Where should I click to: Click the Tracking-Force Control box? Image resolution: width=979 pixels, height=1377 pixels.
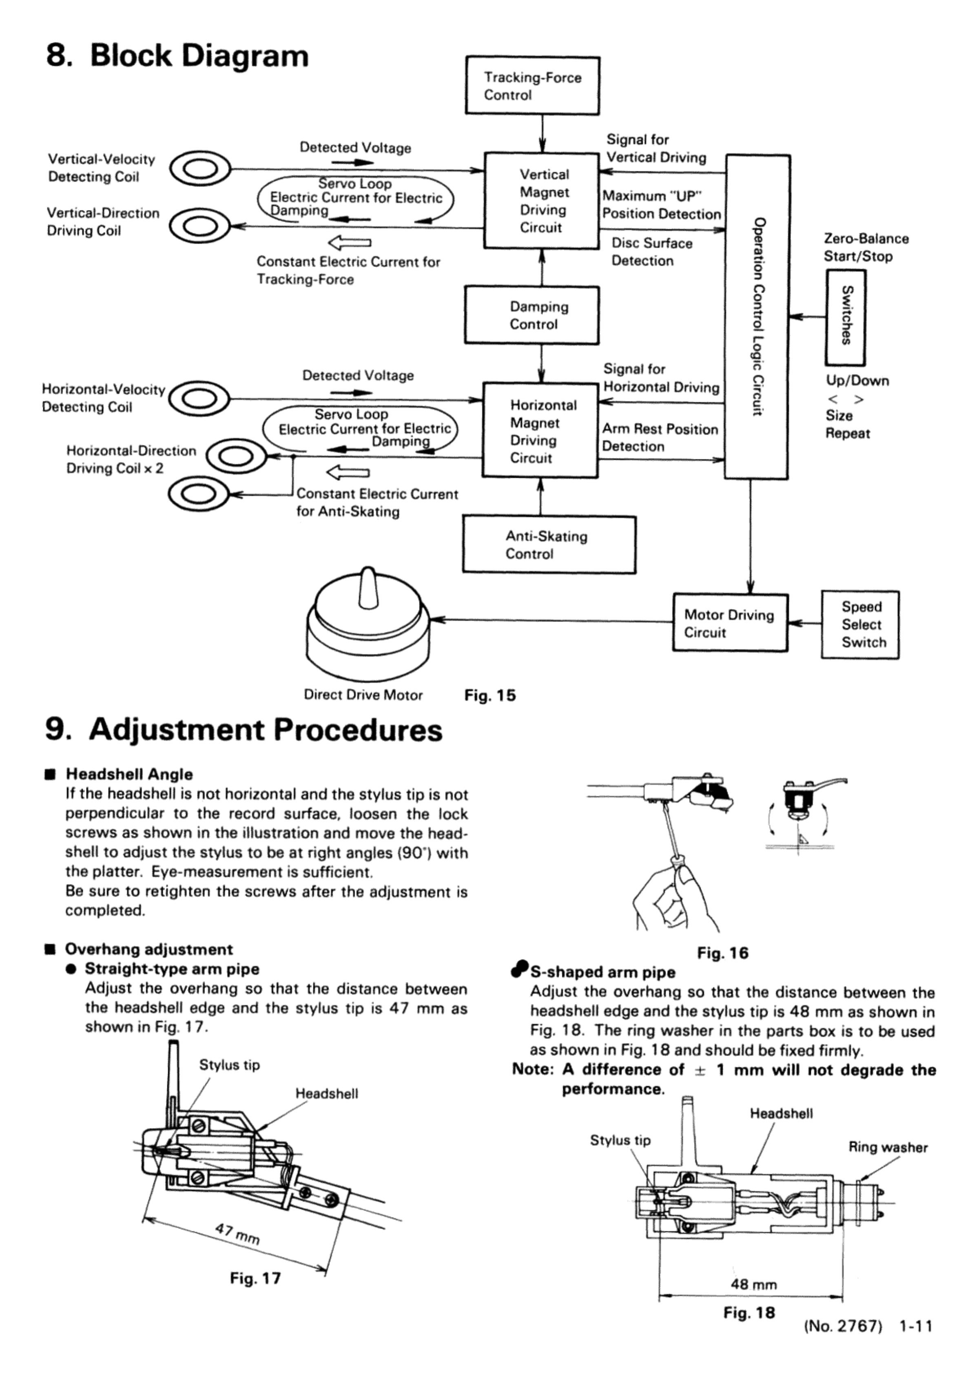click(532, 86)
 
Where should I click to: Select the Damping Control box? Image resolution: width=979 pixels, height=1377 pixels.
click(532, 315)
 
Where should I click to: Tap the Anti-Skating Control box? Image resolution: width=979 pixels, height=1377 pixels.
click(549, 545)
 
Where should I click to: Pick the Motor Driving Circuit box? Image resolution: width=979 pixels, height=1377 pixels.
click(730, 623)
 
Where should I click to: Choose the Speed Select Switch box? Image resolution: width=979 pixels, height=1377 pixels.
click(860, 624)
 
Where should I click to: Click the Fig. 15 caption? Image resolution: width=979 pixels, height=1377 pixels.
click(490, 695)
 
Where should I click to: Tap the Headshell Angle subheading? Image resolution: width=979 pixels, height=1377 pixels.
click(129, 775)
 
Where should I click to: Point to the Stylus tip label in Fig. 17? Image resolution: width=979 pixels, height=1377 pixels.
click(229, 1065)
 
